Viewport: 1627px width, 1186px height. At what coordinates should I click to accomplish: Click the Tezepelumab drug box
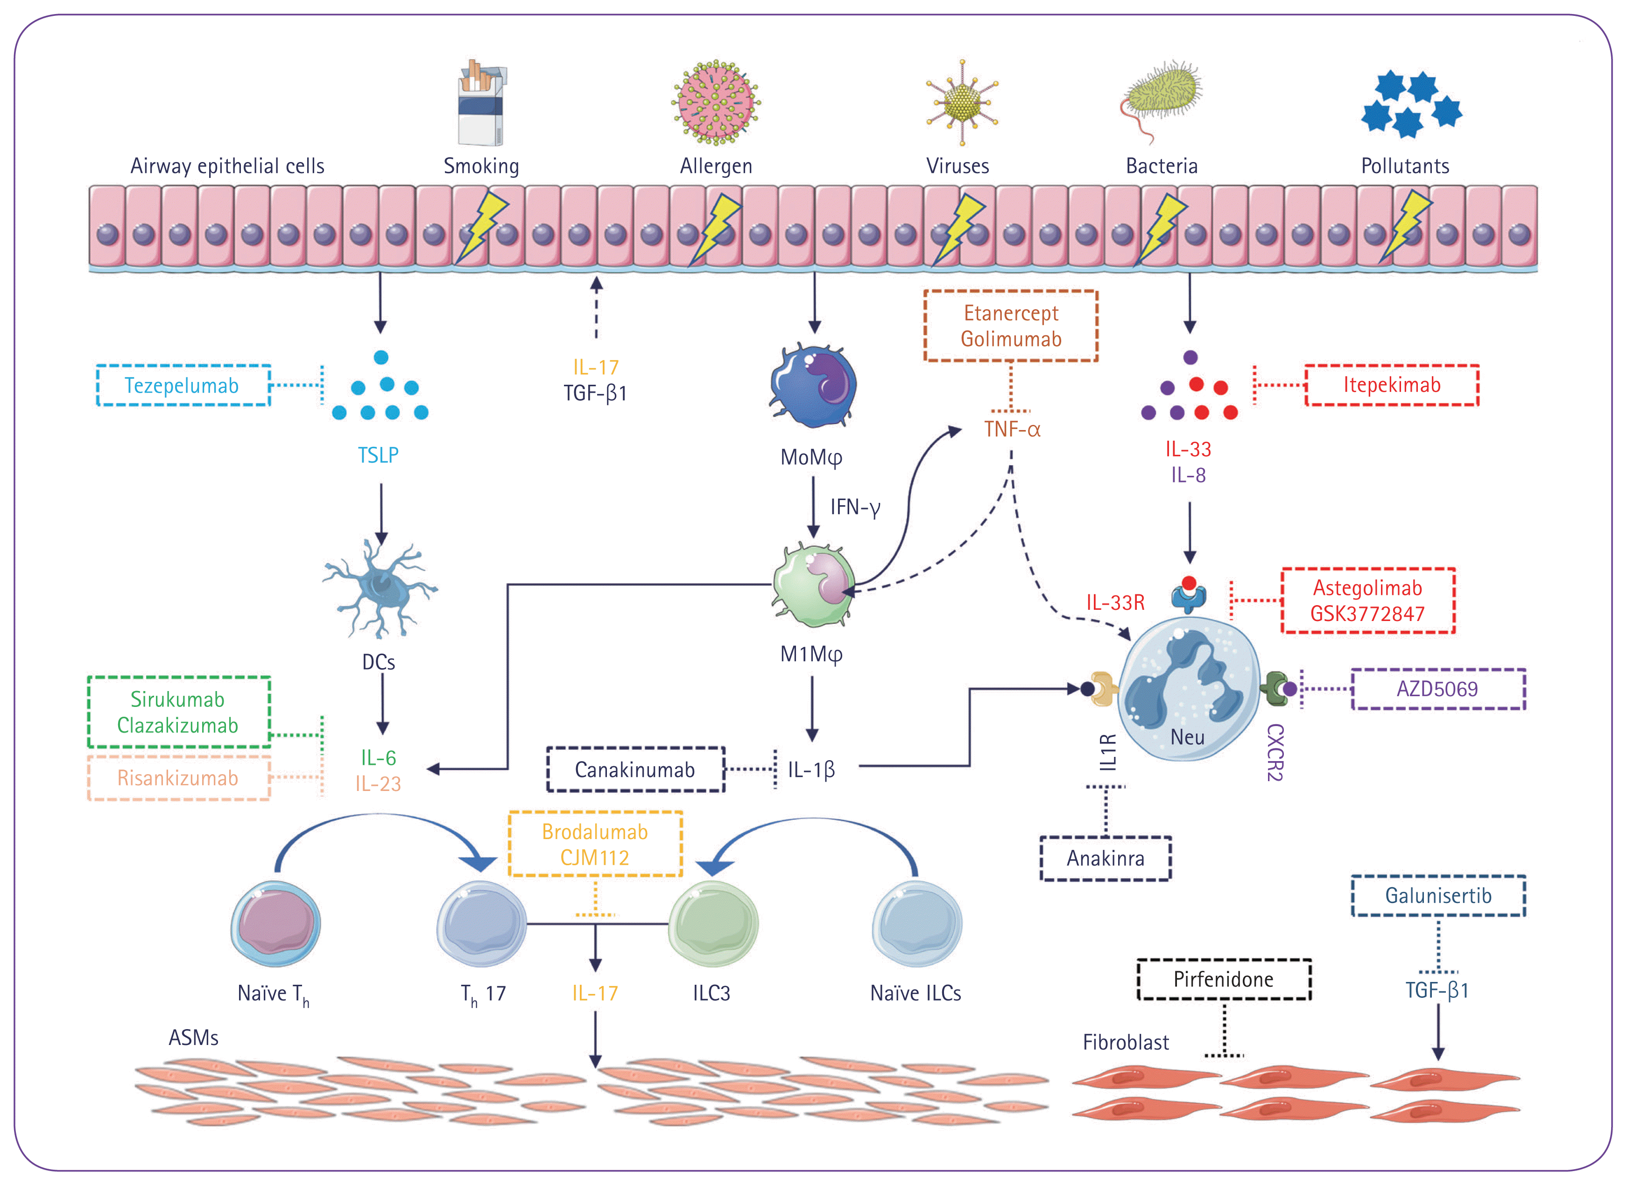[x=183, y=386]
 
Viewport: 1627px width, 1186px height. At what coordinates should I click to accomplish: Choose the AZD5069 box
[x=1437, y=689]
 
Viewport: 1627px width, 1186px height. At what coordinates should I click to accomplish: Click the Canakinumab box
[x=635, y=769]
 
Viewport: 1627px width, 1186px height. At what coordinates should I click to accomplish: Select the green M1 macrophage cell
[x=814, y=585]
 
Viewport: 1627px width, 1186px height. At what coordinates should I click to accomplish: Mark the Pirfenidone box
[x=1223, y=979]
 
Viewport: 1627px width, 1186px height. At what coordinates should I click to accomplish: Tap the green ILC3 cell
[x=713, y=925]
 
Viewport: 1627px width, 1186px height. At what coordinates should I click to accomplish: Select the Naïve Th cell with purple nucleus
[x=275, y=924]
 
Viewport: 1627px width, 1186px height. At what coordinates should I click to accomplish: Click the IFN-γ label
[x=855, y=508]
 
